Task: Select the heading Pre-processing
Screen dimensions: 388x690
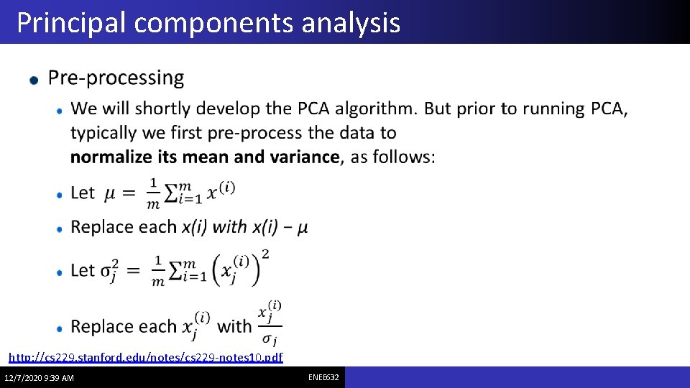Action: [x=116, y=78]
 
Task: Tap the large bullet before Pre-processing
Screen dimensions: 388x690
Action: [x=34, y=80]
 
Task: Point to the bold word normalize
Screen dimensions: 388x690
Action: [x=111, y=157]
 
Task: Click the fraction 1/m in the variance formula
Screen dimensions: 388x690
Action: [x=158, y=271]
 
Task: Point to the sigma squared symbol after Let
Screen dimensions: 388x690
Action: [x=111, y=272]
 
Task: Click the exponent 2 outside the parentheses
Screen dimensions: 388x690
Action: [x=266, y=254]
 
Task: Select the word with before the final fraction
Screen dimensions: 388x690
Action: [x=234, y=326]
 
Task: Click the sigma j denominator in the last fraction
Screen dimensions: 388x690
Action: [x=270, y=339]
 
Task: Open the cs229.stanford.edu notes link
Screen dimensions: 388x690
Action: [x=145, y=357]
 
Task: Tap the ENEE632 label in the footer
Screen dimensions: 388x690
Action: [x=324, y=377]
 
